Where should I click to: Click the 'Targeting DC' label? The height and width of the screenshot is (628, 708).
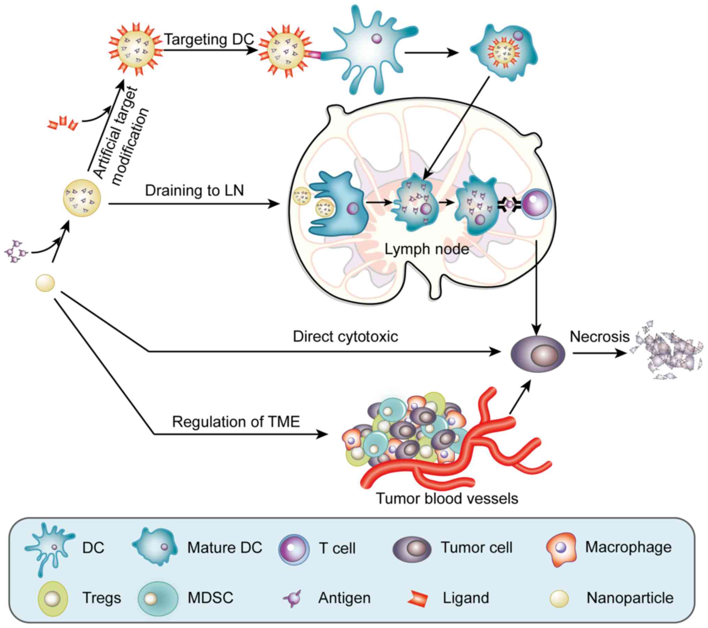click(209, 39)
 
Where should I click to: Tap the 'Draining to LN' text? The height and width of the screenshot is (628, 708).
click(194, 191)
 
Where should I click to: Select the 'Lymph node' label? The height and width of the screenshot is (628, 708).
click(427, 249)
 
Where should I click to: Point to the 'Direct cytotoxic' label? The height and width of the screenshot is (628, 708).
click(345, 336)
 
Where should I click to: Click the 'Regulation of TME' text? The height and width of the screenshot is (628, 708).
click(236, 422)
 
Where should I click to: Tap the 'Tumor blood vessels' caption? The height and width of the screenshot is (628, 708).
click(447, 498)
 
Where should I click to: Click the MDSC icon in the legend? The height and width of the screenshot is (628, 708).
click(158, 598)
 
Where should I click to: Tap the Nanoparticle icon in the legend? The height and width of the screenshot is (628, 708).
click(559, 598)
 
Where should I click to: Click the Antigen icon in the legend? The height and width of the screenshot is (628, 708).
click(292, 598)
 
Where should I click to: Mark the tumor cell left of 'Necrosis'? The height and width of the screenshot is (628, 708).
click(538, 354)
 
